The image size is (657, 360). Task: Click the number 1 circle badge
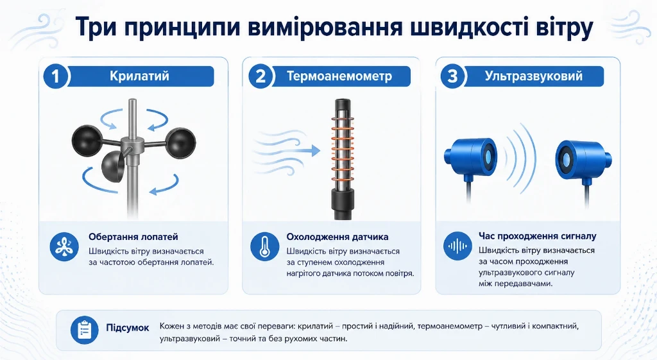55,77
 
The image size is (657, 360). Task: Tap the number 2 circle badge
260,77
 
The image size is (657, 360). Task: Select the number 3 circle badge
452,77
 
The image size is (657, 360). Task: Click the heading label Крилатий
139,76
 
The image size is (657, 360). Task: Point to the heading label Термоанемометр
339,76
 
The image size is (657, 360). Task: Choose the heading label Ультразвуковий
534,76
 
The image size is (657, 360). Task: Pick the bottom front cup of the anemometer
112,166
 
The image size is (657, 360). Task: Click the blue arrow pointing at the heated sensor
311,151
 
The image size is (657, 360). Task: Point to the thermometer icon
265,246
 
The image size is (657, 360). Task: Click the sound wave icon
457,246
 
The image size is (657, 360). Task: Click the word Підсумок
128,328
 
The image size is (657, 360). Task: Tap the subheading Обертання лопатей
133,237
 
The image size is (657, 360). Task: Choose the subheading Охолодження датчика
337,237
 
